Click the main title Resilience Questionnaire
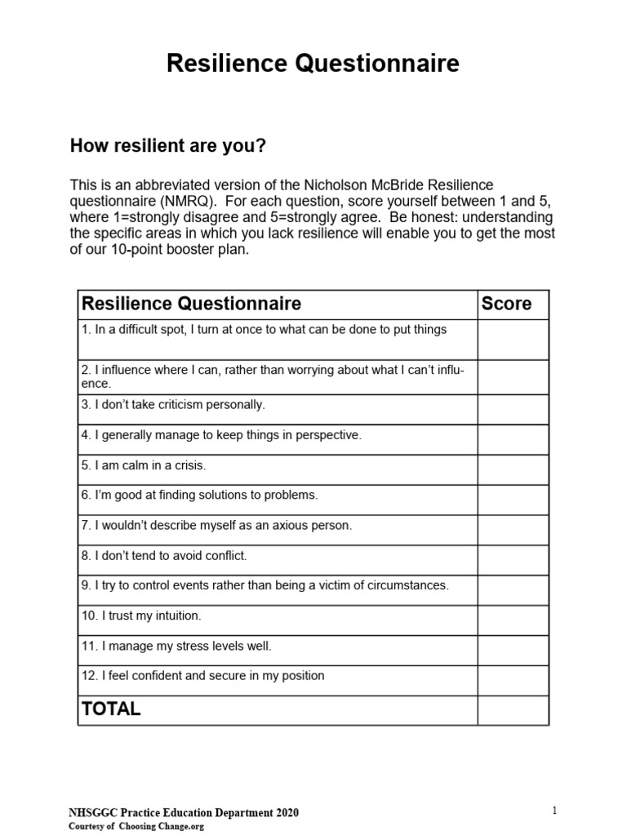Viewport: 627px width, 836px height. click(x=313, y=64)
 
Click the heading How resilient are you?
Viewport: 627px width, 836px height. click(x=168, y=146)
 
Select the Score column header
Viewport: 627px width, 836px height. click(x=506, y=304)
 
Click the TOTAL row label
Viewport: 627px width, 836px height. click(x=111, y=709)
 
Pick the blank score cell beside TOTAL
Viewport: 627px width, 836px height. click(x=513, y=709)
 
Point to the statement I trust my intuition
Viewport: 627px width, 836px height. click(x=140, y=616)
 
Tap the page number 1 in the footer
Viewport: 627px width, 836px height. click(x=554, y=810)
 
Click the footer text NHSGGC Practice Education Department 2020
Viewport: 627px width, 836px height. click(x=182, y=812)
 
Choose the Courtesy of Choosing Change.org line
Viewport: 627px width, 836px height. click(x=136, y=826)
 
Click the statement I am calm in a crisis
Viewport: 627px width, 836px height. click(x=144, y=465)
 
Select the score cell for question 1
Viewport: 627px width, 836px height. click(x=513, y=339)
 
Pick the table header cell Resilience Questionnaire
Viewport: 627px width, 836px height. click(x=192, y=304)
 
